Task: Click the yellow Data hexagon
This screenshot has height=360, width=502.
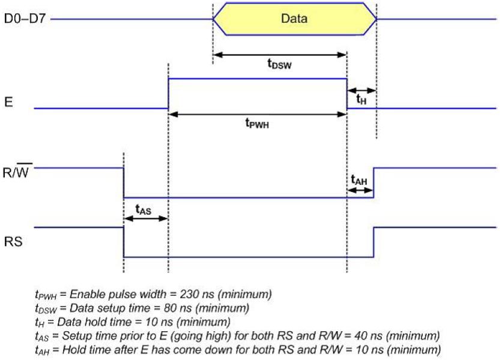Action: (x=294, y=19)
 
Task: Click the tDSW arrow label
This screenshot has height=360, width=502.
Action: (x=279, y=64)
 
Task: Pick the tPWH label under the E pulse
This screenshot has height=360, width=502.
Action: (x=256, y=123)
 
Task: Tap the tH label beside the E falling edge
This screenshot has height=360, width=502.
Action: (x=361, y=100)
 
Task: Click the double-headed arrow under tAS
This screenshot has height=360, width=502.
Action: (x=145, y=219)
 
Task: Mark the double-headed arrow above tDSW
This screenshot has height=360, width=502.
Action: (x=280, y=55)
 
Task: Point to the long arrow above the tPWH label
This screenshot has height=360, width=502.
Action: (x=258, y=113)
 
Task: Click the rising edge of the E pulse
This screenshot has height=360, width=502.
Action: (x=168, y=94)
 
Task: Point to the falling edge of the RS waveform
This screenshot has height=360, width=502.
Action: (x=124, y=242)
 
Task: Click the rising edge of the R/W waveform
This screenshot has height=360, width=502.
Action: (x=373, y=182)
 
